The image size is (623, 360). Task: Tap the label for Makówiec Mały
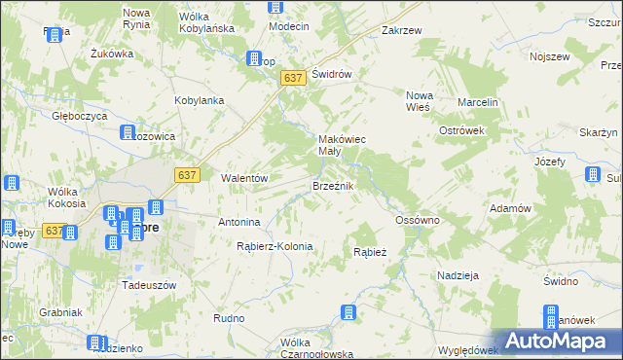(x=343, y=146)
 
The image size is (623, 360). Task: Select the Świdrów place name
(x=331, y=74)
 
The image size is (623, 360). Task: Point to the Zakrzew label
(x=402, y=30)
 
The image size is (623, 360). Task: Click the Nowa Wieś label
(x=424, y=102)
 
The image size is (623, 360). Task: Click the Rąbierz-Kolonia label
(x=275, y=246)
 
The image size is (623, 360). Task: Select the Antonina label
(x=238, y=221)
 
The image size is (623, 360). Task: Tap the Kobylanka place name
(x=200, y=100)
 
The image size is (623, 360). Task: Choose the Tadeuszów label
(x=147, y=285)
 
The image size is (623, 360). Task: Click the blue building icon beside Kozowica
(x=127, y=133)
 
